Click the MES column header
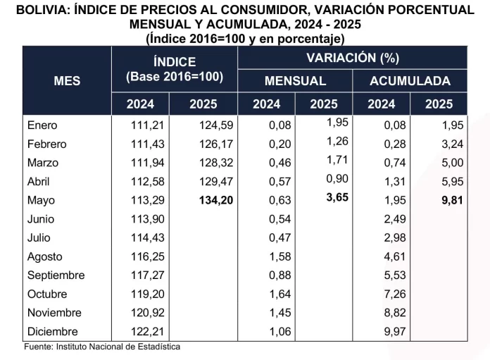pyautogui.click(x=67, y=80)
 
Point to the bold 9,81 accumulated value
pyautogui.click(x=439, y=201)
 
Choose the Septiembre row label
pyautogui.click(x=56, y=275)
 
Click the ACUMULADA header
pyautogui.click(x=410, y=80)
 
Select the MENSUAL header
pyautogui.click(x=295, y=80)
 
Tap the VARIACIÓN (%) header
pyautogui.click(x=352, y=58)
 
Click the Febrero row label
pyautogui.click(x=46, y=144)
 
